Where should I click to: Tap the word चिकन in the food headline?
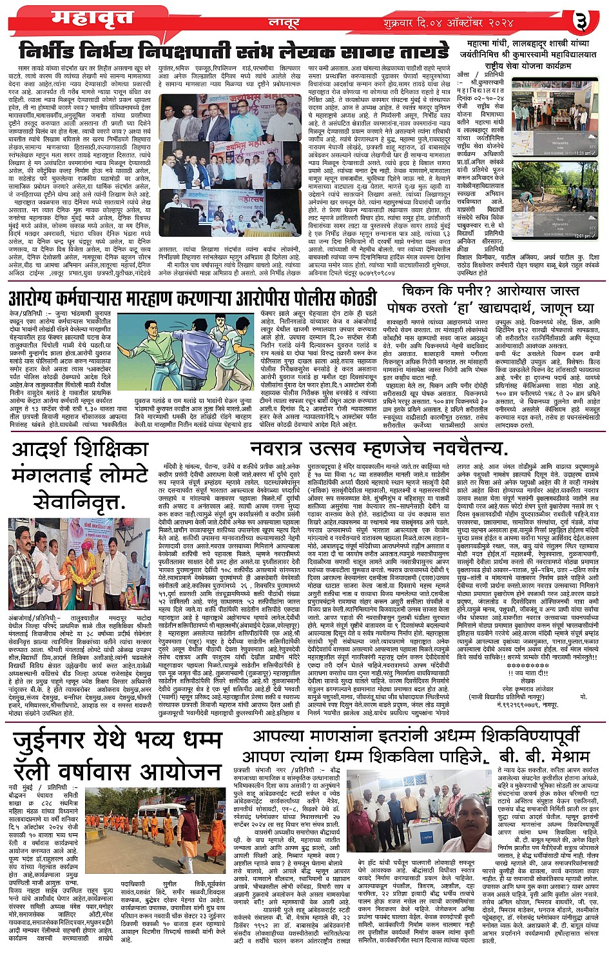click(420, 291)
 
